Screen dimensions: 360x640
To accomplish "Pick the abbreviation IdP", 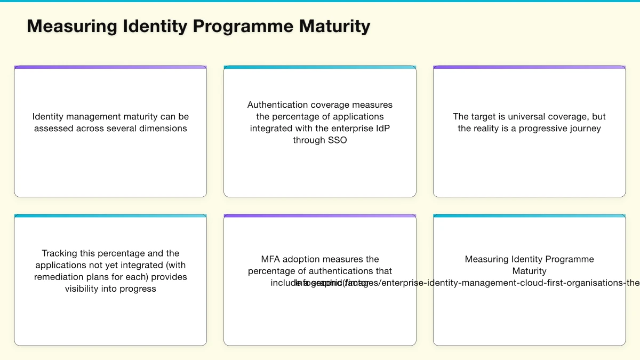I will tap(381, 128).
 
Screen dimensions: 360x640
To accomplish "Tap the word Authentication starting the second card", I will tap(277, 105).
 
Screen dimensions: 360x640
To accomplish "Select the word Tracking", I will tap(59, 253).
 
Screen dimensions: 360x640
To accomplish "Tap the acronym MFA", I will tap(270, 259).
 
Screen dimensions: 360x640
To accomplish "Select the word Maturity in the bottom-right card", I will tap(529, 271).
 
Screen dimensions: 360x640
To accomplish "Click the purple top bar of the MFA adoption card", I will tap(320, 216).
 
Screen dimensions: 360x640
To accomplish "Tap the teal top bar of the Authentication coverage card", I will tap(320, 67).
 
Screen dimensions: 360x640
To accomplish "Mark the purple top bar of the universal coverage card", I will tap(529, 67).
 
